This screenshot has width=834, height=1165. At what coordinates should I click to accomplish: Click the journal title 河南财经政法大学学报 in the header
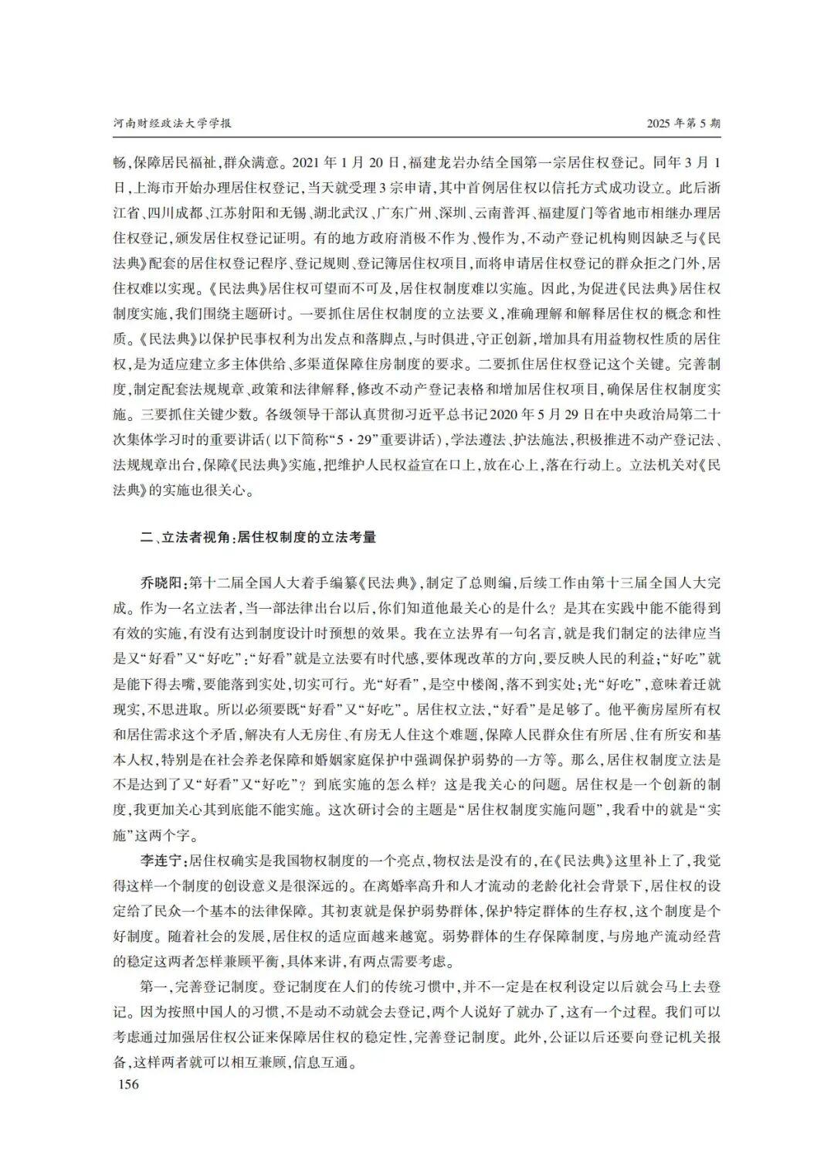tap(171, 124)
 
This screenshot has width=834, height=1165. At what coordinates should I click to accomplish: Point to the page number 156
tap(126, 1084)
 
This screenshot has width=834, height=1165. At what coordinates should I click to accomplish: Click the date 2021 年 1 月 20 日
tap(341, 163)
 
